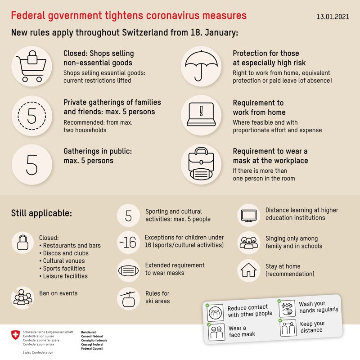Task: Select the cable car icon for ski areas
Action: (x=128, y=298)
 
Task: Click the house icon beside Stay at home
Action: (x=248, y=270)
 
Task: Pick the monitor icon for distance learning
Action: (x=248, y=215)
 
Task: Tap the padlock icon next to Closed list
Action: (x=22, y=243)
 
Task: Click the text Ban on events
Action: (x=58, y=293)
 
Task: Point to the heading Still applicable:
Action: (x=41, y=213)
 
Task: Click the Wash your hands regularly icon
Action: (x=287, y=309)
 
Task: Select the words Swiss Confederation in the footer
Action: (x=38, y=352)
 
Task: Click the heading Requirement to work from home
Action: (x=259, y=108)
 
